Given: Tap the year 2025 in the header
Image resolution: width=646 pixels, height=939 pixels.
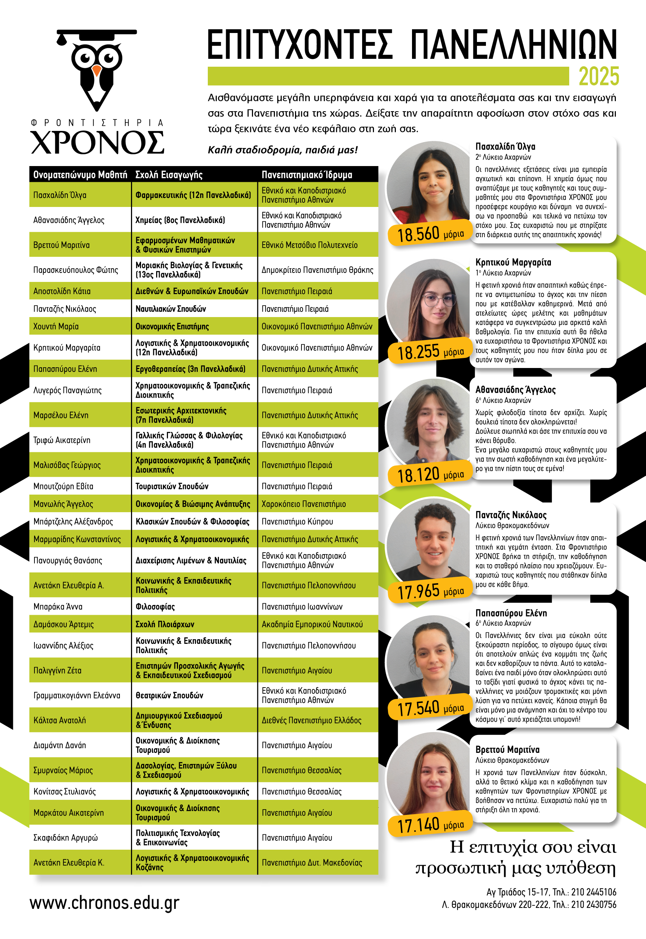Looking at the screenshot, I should point(599,76).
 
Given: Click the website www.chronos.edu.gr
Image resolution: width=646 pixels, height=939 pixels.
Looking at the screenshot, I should point(104,903).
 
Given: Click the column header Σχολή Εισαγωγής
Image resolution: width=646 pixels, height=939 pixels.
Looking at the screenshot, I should point(169,175).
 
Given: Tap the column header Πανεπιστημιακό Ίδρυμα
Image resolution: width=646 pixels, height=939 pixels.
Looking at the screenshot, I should point(307,175).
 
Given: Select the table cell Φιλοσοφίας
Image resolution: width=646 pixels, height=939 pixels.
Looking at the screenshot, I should point(155,607).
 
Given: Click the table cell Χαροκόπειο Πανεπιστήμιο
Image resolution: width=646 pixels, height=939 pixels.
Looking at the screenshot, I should point(304,504).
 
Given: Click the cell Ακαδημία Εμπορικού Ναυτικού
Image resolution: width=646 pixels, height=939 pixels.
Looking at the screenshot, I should point(312,624).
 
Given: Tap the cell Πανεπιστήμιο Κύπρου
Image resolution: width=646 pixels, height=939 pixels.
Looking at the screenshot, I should point(297,522).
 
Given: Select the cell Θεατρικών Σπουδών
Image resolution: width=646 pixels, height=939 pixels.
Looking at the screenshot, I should point(169,695).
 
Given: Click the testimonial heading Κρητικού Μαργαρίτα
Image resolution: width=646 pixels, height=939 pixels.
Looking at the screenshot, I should point(513,262).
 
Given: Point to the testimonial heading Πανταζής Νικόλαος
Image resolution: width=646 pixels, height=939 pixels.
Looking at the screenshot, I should point(511,515).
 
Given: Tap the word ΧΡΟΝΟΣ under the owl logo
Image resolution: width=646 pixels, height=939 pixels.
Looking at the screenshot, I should point(97,142).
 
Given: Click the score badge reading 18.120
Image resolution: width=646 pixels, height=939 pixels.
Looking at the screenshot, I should point(430,475).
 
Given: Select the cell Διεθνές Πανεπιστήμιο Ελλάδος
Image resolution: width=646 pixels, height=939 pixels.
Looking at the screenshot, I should point(311,720).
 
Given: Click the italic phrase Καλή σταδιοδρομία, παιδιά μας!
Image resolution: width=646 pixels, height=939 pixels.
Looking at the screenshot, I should point(282,150).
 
